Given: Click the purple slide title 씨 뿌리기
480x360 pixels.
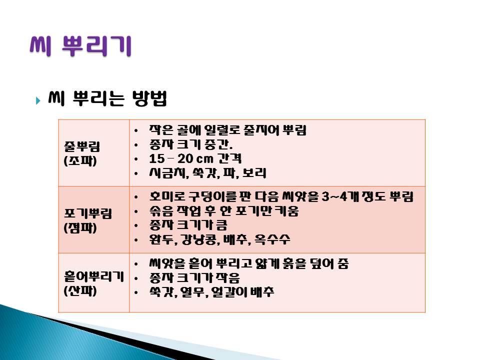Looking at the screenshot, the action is point(80,46).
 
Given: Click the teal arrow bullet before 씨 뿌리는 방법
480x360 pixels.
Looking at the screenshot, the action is point(38,100).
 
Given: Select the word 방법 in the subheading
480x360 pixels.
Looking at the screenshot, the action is point(149,98).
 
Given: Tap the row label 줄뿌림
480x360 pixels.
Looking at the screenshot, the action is point(81,146).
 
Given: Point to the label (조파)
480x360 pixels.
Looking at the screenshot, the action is point(80,160).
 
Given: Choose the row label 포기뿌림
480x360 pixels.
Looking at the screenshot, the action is point(88,213).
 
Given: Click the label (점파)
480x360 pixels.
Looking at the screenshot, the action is point(80,228).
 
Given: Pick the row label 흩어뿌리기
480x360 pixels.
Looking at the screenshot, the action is point(93,276).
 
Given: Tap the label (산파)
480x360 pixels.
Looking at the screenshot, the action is point(80,290).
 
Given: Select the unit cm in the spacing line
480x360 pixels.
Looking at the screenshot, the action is point(204,159).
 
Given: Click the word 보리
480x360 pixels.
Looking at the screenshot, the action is point(254,173).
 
